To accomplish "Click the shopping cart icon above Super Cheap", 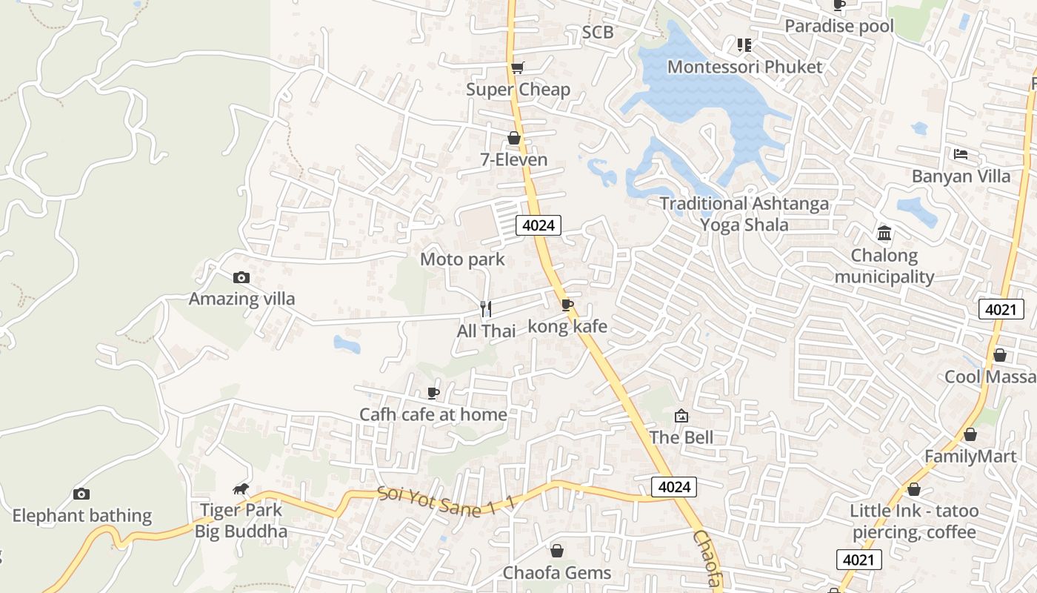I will [x=518, y=67].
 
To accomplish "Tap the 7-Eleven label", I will [x=514, y=159].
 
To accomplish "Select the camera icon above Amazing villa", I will [x=241, y=278].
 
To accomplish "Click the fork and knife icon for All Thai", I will [x=486, y=309].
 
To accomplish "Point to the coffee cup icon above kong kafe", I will [x=567, y=305].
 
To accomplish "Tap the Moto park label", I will [x=462, y=259].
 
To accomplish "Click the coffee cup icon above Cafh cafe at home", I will [x=433, y=393].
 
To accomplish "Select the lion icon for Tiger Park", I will [x=241, y=488].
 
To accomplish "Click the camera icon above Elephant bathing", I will [x=81, y=494].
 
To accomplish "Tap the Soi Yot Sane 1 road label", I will [x=444, y=503].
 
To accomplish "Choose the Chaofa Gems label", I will [x=557, y=572].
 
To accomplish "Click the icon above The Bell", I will [x=681, y=416].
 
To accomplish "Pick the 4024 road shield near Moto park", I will [x=538, y=225].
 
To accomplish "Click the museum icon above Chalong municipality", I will [x=884, y=233].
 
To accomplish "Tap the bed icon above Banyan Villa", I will [x=961, y=154].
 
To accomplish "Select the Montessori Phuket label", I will [x=744, y=67].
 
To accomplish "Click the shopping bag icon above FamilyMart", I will [x=970, y=434].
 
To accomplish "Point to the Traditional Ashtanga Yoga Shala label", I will [x=744, y=213].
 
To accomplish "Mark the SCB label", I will [x=597, y=32].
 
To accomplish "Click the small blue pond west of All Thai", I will [x=347, y=344].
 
